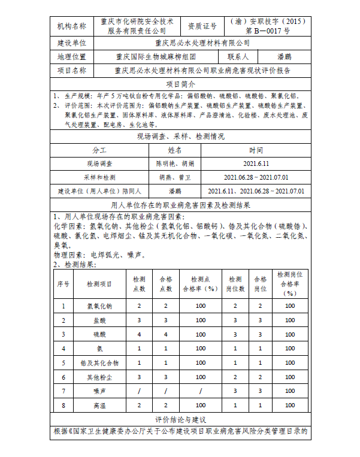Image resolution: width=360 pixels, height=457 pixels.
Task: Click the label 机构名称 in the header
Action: pos(71,26)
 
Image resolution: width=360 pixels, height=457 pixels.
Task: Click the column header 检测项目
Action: pos(99,283)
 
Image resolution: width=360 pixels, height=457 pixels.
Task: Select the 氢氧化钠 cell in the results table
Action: pos(99,306)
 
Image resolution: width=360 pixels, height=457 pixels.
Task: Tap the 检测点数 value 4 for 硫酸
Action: pos(139,334)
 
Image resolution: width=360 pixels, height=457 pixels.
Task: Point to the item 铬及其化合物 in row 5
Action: pos(99,363)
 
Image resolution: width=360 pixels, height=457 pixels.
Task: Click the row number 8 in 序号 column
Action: pos(63,405)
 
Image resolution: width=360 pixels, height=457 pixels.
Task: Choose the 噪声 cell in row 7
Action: pos(99,391)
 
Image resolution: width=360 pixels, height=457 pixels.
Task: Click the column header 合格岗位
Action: pos(260,283)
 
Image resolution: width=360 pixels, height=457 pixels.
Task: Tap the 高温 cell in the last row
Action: pos(99,405)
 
